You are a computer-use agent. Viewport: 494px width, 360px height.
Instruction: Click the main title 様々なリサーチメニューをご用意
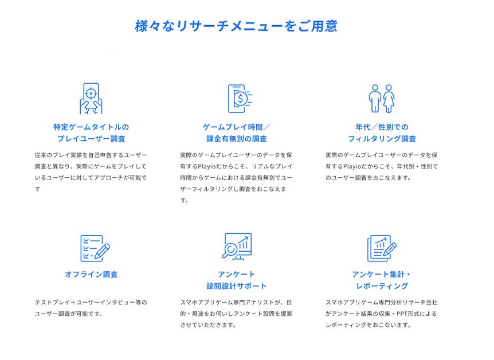point(236,26)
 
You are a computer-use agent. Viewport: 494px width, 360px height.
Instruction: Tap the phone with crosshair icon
point(91,99)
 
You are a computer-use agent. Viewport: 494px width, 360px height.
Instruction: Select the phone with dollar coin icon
point(240,99)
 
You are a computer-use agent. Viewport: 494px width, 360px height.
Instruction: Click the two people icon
point(382,99)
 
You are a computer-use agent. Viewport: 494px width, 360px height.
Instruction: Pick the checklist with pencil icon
point(94,248)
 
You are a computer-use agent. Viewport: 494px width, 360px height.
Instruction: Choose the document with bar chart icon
point(381,248)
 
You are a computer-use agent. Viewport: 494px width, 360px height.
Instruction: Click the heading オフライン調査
point(91,275)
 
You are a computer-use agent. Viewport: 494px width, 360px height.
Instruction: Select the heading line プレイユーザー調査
point(91,139)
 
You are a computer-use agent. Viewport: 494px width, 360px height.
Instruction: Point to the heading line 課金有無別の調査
point(237,139)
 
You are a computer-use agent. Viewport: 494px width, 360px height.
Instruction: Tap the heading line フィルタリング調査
point(382,139)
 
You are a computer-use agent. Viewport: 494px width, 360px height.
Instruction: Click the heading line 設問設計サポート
point(237,286)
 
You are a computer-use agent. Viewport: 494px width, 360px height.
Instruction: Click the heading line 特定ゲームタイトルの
point(91,127)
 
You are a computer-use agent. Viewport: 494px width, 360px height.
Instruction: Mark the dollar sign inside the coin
point(241,99)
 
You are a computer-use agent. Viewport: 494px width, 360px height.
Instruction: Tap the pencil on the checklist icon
point(101,251)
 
